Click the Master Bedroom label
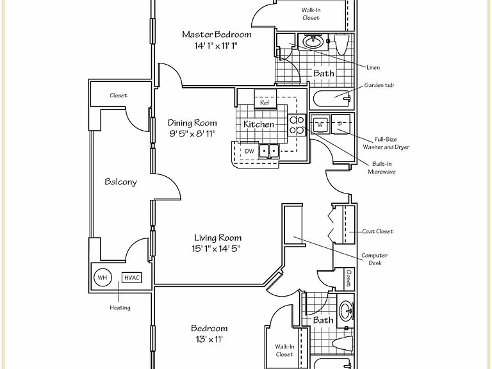[x=217, y=34]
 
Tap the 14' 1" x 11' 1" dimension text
[x=216, y=46]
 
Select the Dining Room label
[x=192, y=123]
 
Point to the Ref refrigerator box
[x=265, y=102]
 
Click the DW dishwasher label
[x=249, y=151]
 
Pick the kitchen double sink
[x=269, y=151]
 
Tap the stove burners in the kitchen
[x=297, y=124]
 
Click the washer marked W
[x=320, y=124]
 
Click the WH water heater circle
[x=102, y=277]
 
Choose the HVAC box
[x=132, y=277]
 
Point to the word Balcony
[x=121, y=182]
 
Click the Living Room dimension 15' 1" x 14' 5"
[x=216, y=249]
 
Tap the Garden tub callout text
[x=379, y=85]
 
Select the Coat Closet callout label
[x=377, y=231]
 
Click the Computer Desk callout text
[x=375, y=259]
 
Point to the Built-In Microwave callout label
[x=382, y=168]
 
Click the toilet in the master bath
[x=341, y=44]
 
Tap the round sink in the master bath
[x=313, y=41]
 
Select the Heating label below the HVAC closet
[x=120, y=307]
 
